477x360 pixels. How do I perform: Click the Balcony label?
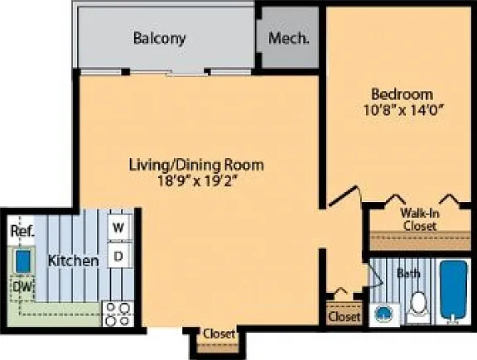159,39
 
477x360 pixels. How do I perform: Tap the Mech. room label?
288,38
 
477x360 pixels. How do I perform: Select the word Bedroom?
402,94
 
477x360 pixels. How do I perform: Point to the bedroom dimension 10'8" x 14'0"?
402,110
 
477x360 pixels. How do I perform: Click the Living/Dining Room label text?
196,165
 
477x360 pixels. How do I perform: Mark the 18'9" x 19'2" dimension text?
197,181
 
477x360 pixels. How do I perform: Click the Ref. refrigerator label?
22,231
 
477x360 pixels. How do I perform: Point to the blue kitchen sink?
23,261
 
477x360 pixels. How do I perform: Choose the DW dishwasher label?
23,287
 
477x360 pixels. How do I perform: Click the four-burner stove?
118,314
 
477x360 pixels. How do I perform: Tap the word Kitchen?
74,261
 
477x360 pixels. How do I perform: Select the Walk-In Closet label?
420,219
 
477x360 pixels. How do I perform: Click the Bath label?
408,273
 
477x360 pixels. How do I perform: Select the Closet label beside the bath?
344,316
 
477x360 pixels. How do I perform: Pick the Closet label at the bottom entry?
219,334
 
